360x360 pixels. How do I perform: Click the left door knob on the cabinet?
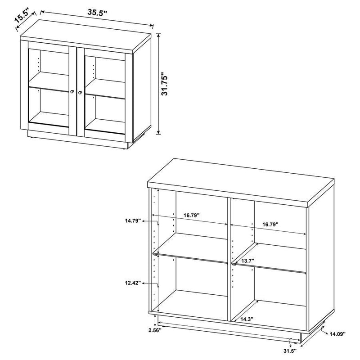[x=72, y=92]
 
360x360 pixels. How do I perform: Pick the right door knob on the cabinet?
[x=80, y=93]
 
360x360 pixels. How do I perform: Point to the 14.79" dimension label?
[x=133, y=220]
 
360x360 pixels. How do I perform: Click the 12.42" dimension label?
[x=134, y=283]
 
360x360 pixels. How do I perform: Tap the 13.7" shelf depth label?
[x=249, y=260]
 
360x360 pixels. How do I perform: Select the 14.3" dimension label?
[x=246, y=319]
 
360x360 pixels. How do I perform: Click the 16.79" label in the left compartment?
[x=192, y=216]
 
